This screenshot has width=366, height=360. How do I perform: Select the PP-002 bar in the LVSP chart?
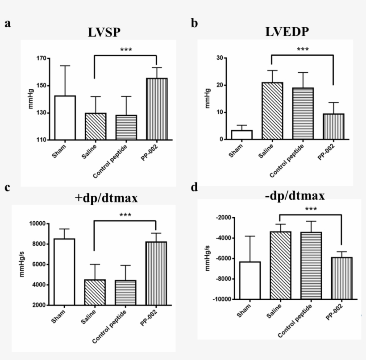[x=157, y=109]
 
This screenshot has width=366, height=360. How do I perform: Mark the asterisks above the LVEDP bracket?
[x=303, y=50]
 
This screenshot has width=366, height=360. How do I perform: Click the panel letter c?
[x=8, y=187]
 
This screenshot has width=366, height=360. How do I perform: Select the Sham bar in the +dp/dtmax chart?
[x=65, y=272]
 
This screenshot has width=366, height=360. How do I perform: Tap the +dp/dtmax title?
[x=106, y=199]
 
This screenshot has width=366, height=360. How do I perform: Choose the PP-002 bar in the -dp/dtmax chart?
[x=341, y=278]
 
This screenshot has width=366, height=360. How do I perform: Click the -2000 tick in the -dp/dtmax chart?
[x=222, y=218]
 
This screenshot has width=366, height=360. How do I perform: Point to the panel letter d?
[x=194, y=187]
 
